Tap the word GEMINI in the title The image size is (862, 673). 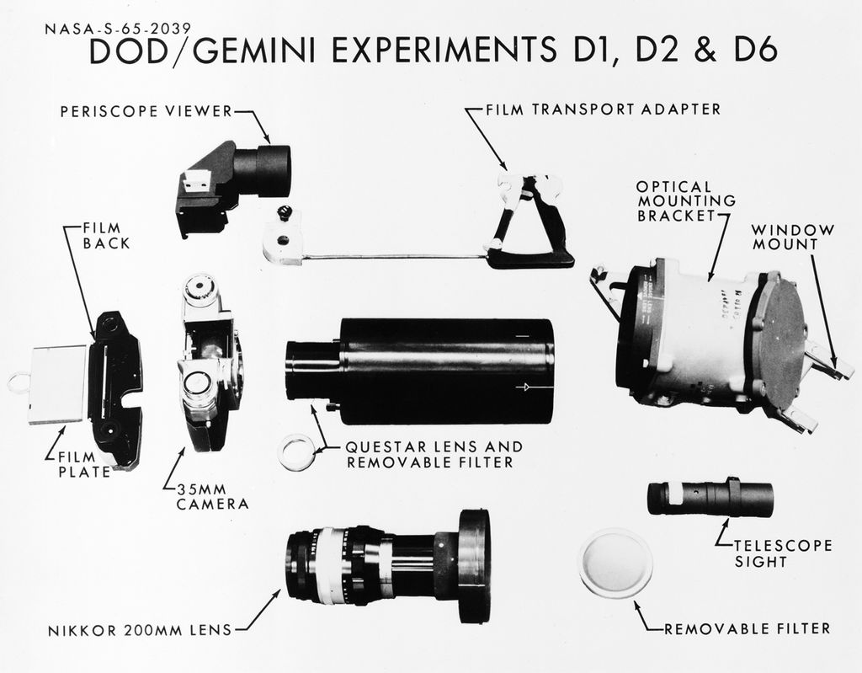[x=255, y=52]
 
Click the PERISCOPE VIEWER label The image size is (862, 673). [x=144, y=110]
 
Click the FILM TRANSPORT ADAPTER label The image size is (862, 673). [x=604, y=109]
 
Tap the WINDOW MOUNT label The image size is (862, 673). [x=792, y=237]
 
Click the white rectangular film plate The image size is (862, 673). [x=57, y=384]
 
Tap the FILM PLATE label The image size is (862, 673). [x=84, y=464]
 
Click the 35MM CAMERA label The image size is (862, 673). [x=212, y=496]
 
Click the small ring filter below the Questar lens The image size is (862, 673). [x=296, y=452]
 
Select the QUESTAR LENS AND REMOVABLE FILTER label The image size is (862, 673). [x=434, y=454]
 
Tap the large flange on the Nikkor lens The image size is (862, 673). [x=474, y=565]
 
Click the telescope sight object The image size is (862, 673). [x=710, y=498]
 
